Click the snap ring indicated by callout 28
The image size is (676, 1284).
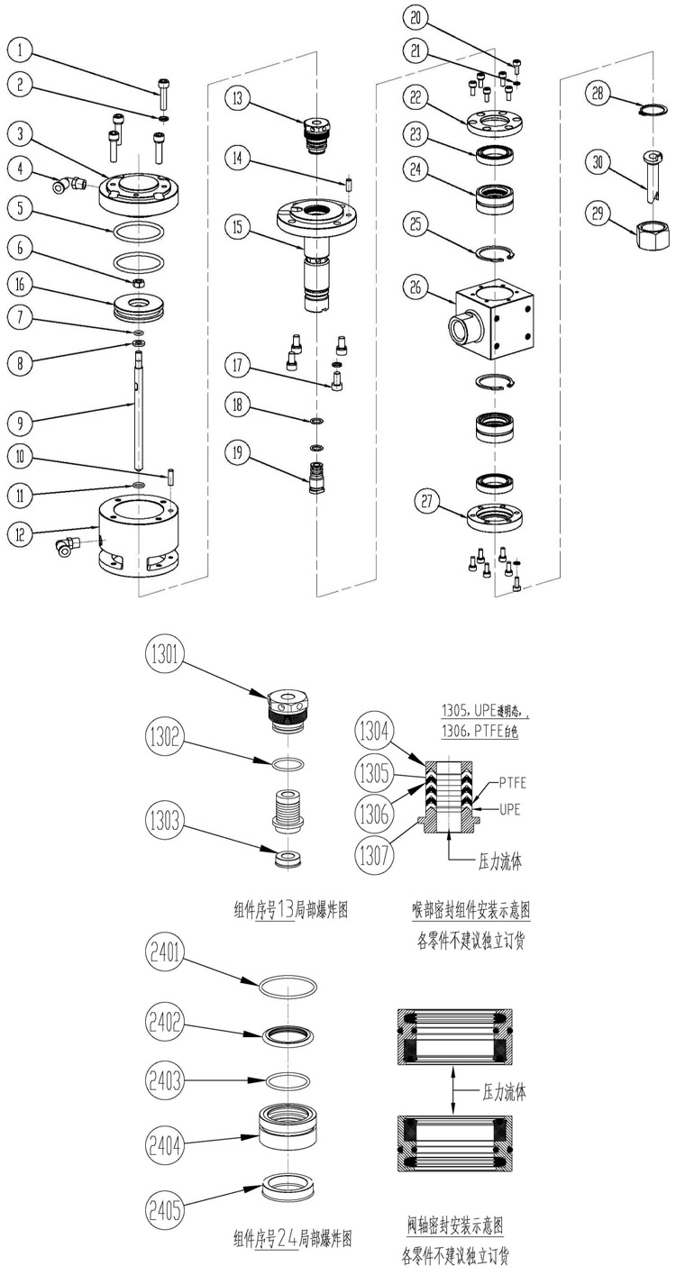click(x=653, y=111)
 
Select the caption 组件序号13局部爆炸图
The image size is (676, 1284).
click(x=290, y=910)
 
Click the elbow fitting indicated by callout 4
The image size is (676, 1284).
click(x=65, y=185)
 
